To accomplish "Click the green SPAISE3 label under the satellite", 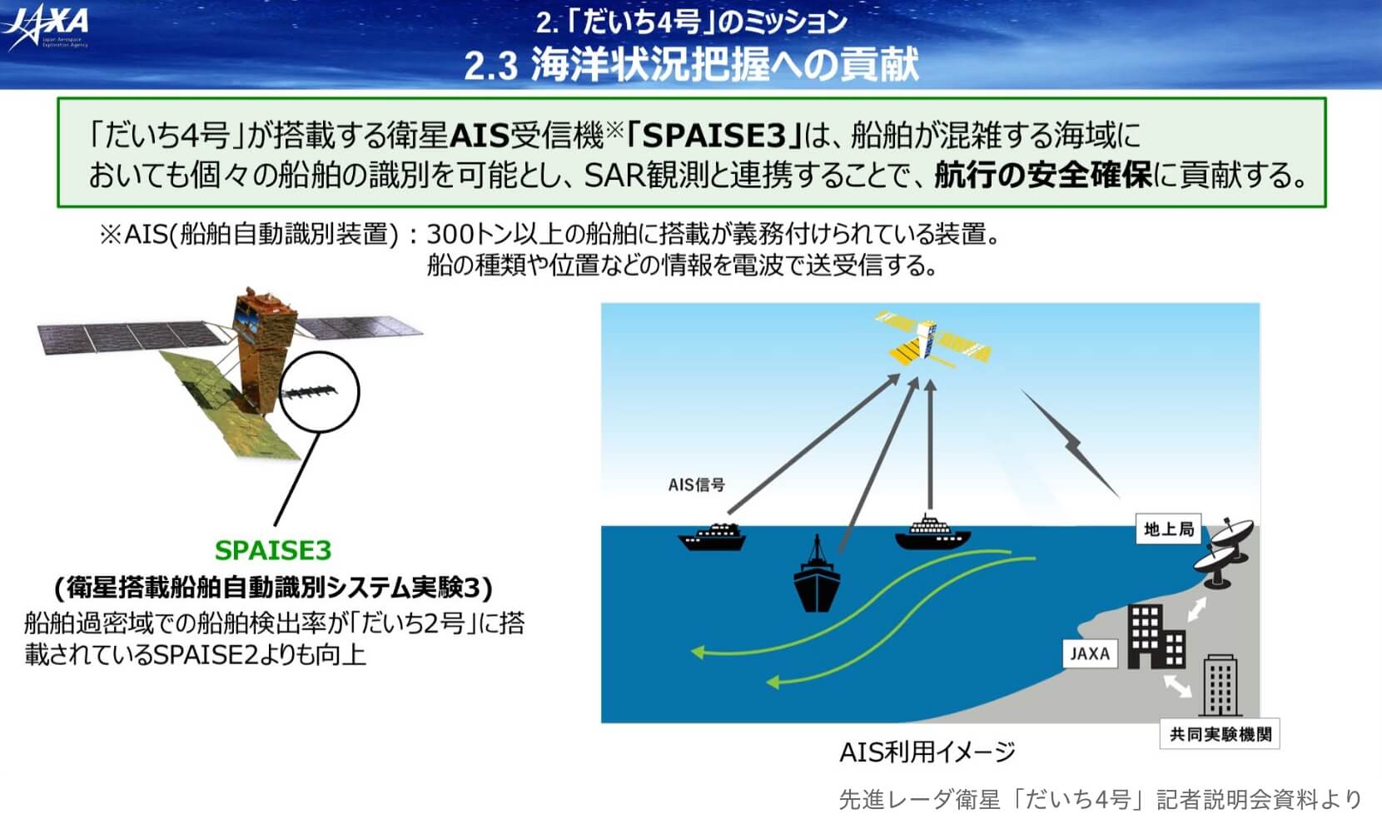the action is tap(273, 550).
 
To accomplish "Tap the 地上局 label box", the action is tap(1169, 529).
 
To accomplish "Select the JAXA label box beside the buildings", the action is tap(1090, 653).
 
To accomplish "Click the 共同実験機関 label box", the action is tap(1220, 734).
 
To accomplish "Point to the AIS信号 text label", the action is tap(697, 484).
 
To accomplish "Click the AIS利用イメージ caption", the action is tap(927, 752).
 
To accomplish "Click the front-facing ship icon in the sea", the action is tap(816, 575).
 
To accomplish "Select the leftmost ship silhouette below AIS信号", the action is tap(712, 537).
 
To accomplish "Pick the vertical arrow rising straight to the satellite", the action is tap(931, 444).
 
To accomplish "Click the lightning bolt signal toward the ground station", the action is tap(1071, 444).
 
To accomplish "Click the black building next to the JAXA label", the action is tap(1156, 637).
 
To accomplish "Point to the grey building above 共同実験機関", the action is tap(1220, 685).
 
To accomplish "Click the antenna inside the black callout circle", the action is tap(310, 392).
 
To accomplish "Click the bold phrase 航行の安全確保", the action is tap(1042, 175).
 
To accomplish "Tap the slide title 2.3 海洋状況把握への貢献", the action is tap(691, 65).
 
